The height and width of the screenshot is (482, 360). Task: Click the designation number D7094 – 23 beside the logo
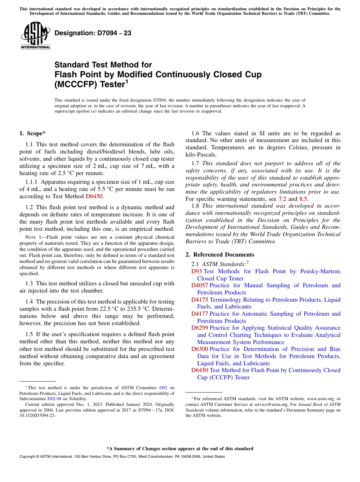click(93, 33)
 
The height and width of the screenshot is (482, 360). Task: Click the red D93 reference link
click(197, 271)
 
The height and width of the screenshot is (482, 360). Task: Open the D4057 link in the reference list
click(200, 285)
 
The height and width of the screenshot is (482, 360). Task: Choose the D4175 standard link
click(200, 300)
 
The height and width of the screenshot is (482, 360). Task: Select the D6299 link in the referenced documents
click(200, 328)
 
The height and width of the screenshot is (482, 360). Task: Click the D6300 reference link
click(200, 349)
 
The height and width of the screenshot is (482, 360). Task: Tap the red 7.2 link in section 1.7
click(283, 199)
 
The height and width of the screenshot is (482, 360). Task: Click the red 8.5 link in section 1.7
click(304, 199)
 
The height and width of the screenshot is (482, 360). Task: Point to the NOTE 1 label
click(32, 237)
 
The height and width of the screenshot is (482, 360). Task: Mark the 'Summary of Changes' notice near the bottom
click(180, 449)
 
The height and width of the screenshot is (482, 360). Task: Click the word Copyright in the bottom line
click(28, 457)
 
